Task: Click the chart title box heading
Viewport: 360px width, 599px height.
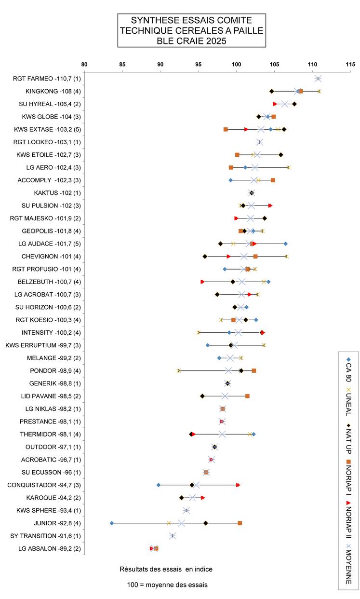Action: coord(191,30)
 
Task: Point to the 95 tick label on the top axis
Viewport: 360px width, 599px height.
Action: coord(198,64)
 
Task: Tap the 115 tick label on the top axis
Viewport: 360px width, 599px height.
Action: coord(350,64)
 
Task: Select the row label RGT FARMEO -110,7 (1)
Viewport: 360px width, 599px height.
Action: coord(47,79)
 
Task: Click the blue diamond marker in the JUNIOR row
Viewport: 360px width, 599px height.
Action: coord(112,523)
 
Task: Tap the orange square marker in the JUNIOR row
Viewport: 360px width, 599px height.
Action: coord(240,523)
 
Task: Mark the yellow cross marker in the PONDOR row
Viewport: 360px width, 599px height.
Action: coord(179,370)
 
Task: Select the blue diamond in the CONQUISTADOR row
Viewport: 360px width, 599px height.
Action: coord(159,485)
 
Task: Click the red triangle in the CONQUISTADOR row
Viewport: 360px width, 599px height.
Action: coord(238,485)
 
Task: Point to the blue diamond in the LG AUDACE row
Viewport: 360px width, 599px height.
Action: coord(286,244)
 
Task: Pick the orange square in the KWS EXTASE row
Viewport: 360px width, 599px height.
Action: coord(226,129)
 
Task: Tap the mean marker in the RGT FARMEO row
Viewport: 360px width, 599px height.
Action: coord(318,79)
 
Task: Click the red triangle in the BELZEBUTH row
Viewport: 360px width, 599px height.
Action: coord(202,282)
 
